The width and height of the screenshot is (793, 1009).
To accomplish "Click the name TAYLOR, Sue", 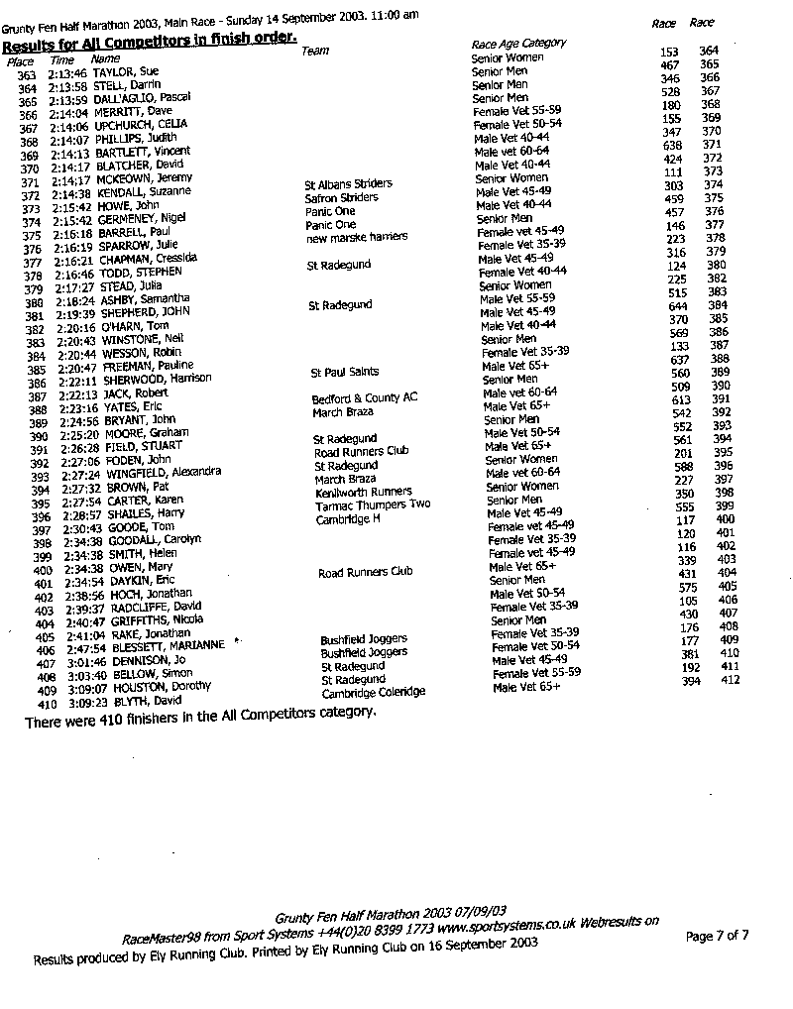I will [126, 74].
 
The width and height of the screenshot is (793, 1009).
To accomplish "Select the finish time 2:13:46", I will [68, 74].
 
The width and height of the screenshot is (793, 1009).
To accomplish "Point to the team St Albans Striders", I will [348, 184].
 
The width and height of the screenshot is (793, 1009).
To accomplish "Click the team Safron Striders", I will [342, 198].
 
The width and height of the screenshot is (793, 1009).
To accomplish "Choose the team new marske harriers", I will [356, 238].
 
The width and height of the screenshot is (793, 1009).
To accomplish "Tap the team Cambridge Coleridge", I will [373, 693].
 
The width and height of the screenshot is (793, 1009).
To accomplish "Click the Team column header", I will [314, 51].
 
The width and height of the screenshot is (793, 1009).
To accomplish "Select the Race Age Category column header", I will [518, 44].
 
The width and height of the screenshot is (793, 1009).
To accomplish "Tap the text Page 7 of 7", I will [717, 936].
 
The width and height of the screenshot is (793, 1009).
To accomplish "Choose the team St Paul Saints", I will [344, 373].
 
